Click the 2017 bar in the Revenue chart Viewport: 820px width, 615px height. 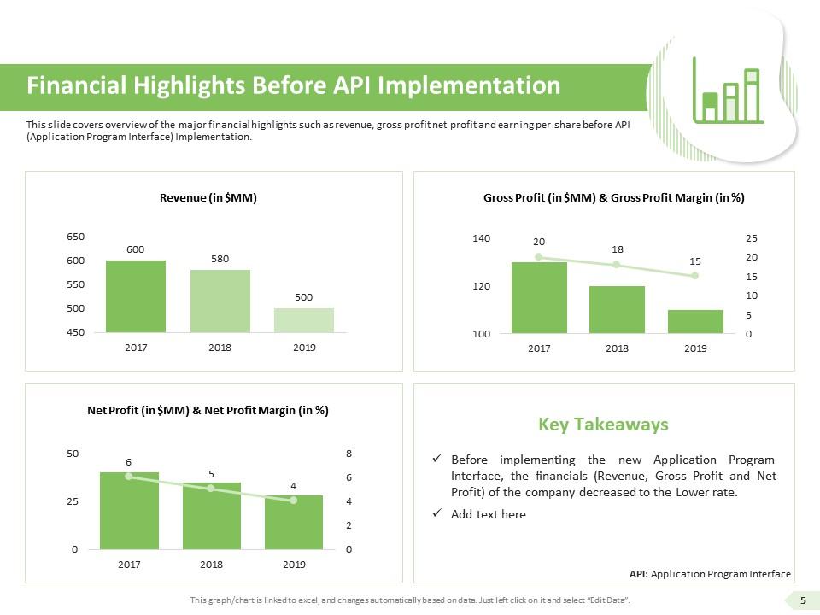(136, 296)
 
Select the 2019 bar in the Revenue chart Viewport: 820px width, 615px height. (304, 319)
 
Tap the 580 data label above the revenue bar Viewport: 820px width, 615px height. (220, 258)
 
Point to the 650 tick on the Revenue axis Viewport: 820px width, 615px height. (76, 237)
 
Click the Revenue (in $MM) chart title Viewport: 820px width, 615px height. (208, 197)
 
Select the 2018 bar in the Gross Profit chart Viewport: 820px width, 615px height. (617, 309)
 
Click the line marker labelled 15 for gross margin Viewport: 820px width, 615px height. (695, 276)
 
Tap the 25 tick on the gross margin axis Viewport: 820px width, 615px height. (751, 237)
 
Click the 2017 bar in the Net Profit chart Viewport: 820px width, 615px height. (129, 510)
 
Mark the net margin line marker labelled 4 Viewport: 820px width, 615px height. (293, 500)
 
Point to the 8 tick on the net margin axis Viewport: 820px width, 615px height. (348, 454)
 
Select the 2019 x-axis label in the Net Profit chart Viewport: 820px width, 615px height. (294, 564)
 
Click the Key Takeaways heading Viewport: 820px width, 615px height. (603, 425)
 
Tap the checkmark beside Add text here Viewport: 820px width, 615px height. (437, 514)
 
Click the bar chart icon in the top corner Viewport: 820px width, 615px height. (728, 91)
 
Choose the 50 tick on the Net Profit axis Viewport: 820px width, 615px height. (74, 454)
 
